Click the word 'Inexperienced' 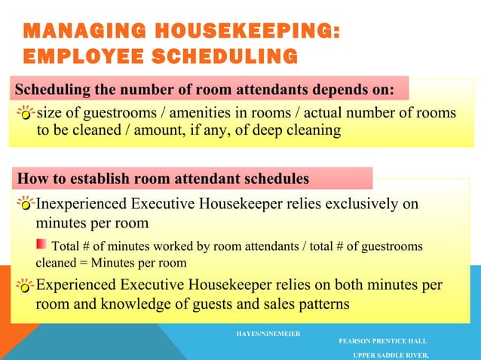(81, 204)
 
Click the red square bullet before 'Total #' (41, 245)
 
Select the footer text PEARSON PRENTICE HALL (382, 340)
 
